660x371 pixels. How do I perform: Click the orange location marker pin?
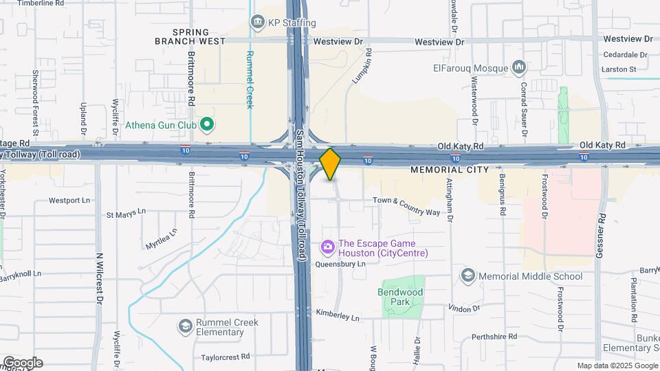[331, 164]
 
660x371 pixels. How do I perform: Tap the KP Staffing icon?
[258, 22]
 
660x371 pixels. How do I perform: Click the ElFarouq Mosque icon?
[519, 67]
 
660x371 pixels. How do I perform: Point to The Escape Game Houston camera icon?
[328, 246]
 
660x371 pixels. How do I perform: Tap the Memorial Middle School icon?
[468, 276]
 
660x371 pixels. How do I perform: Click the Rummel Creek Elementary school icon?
[185, 326]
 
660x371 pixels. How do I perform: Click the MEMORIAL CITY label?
[450, 169]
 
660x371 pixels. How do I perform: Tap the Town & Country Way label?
[406, 206]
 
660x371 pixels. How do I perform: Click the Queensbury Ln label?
[340, 264]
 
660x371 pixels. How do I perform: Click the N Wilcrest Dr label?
[100, 279]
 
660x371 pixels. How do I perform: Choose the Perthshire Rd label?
[494, 337]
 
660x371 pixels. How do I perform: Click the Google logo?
[22, 363]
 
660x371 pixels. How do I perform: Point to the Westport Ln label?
[69, 201]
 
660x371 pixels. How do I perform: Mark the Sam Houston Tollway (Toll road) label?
[300, 194]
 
